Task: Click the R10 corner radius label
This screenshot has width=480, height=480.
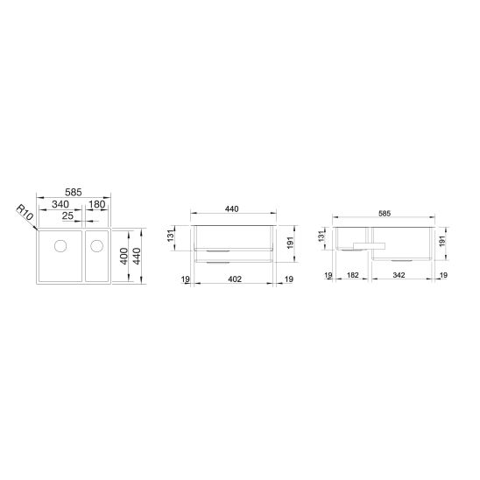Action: [x=25, y=213]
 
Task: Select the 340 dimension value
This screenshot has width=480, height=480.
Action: [x=60, y=204]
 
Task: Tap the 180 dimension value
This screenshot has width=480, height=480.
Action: [x=97, y=204]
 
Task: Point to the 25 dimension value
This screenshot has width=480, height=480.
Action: [x=67, y=215]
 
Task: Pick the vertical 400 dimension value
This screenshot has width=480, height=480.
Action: [x=124, y=257]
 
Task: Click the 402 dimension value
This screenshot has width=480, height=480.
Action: [x=235, y=279]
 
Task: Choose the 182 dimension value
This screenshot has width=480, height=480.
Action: [x=352, y=275]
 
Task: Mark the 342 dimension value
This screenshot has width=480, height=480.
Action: [x=399, y=275]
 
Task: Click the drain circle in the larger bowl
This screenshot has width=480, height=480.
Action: [x=60, y=246]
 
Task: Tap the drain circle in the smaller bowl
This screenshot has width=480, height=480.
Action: [x=96, y=246]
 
